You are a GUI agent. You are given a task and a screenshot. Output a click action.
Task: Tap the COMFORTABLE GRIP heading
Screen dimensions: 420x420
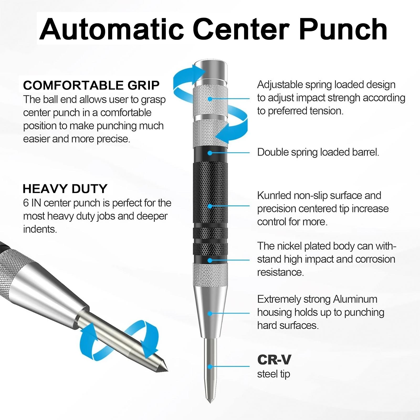coord(91,85)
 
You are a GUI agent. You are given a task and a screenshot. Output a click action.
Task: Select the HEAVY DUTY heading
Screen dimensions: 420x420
coord(65,189)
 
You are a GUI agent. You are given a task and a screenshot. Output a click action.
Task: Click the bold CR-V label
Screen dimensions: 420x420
coord(274,360)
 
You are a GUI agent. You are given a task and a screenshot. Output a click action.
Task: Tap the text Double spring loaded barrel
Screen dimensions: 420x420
coord(318,152)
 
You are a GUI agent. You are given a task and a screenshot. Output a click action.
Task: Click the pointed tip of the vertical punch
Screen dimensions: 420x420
coord(210,400)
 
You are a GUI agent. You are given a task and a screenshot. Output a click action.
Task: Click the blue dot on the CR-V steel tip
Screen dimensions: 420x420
coord(210,366)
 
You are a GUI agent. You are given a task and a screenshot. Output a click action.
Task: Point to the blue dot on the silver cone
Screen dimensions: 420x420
coord(210,313)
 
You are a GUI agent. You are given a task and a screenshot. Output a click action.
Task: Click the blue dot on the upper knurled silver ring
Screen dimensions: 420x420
coord(210,99)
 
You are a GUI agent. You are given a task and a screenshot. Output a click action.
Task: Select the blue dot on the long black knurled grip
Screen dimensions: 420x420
coord(210,206)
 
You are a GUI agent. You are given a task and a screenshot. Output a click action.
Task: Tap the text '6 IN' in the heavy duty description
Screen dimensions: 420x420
coord(33,203)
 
